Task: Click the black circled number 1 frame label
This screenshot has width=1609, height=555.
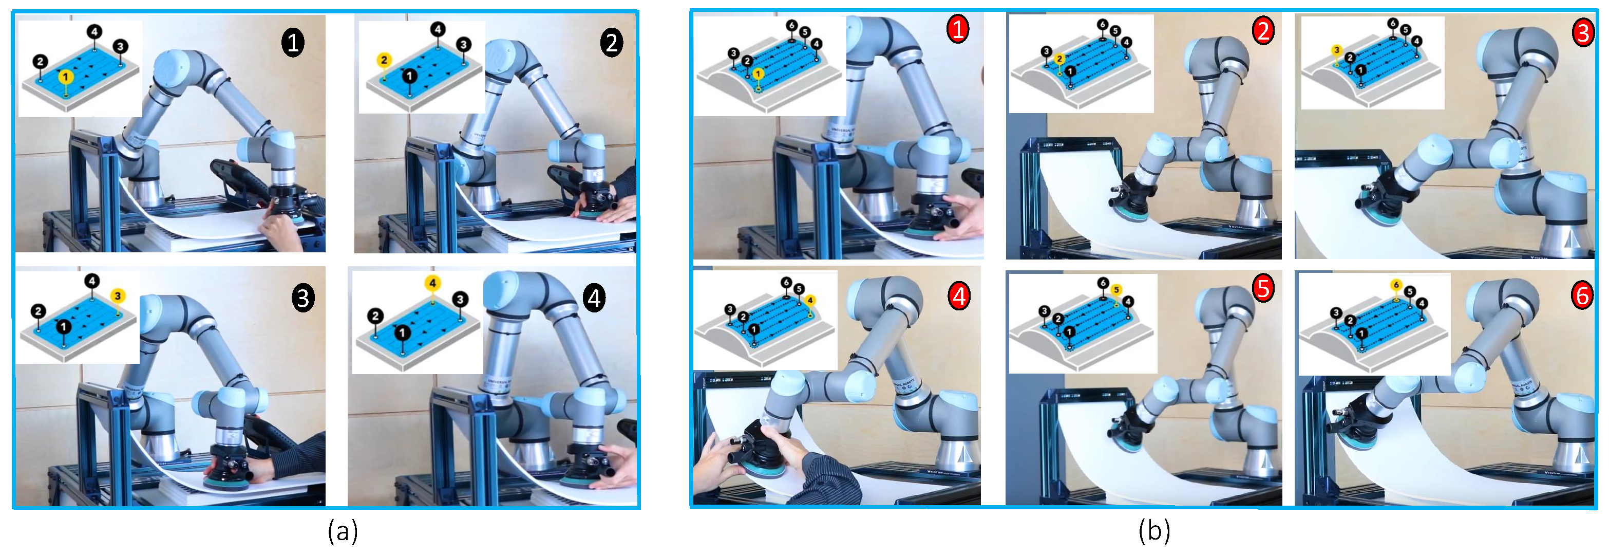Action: [292, 43]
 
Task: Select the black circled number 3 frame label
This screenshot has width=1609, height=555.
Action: [303, 298]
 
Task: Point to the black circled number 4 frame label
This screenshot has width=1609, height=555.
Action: [594, 298]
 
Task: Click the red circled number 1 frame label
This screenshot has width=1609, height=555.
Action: [957, 29]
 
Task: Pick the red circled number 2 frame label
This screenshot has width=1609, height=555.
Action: [1263, 30]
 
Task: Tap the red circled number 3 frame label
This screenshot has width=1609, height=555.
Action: [1583, 32]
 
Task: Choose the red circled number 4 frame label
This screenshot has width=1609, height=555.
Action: [959, 295]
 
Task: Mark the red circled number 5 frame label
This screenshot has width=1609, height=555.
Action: [1263, 289]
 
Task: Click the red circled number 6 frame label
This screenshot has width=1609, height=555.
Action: [1582, 294]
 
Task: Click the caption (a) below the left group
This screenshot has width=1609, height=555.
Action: [343, 531]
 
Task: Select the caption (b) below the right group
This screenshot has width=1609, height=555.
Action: [1153, 531]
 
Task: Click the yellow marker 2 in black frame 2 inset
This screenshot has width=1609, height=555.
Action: [384, 60]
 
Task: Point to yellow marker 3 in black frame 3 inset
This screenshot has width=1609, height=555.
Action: [118, 295]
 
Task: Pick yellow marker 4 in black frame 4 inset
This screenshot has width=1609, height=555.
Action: [432, 283]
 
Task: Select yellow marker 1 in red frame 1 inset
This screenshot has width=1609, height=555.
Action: [758, 75]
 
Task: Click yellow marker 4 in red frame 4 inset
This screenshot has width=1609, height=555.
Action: [810, 301]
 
